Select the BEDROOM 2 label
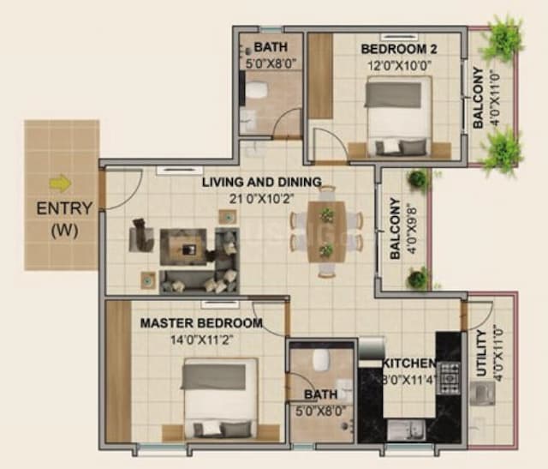point(395,47)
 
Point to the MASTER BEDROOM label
point(201,323)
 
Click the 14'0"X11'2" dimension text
point(201,339)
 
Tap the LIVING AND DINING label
point(261,182)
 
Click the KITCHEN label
point(409,364)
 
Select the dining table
point(326,231)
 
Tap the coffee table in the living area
point(188,246)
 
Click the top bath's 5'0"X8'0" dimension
point(270,63)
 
